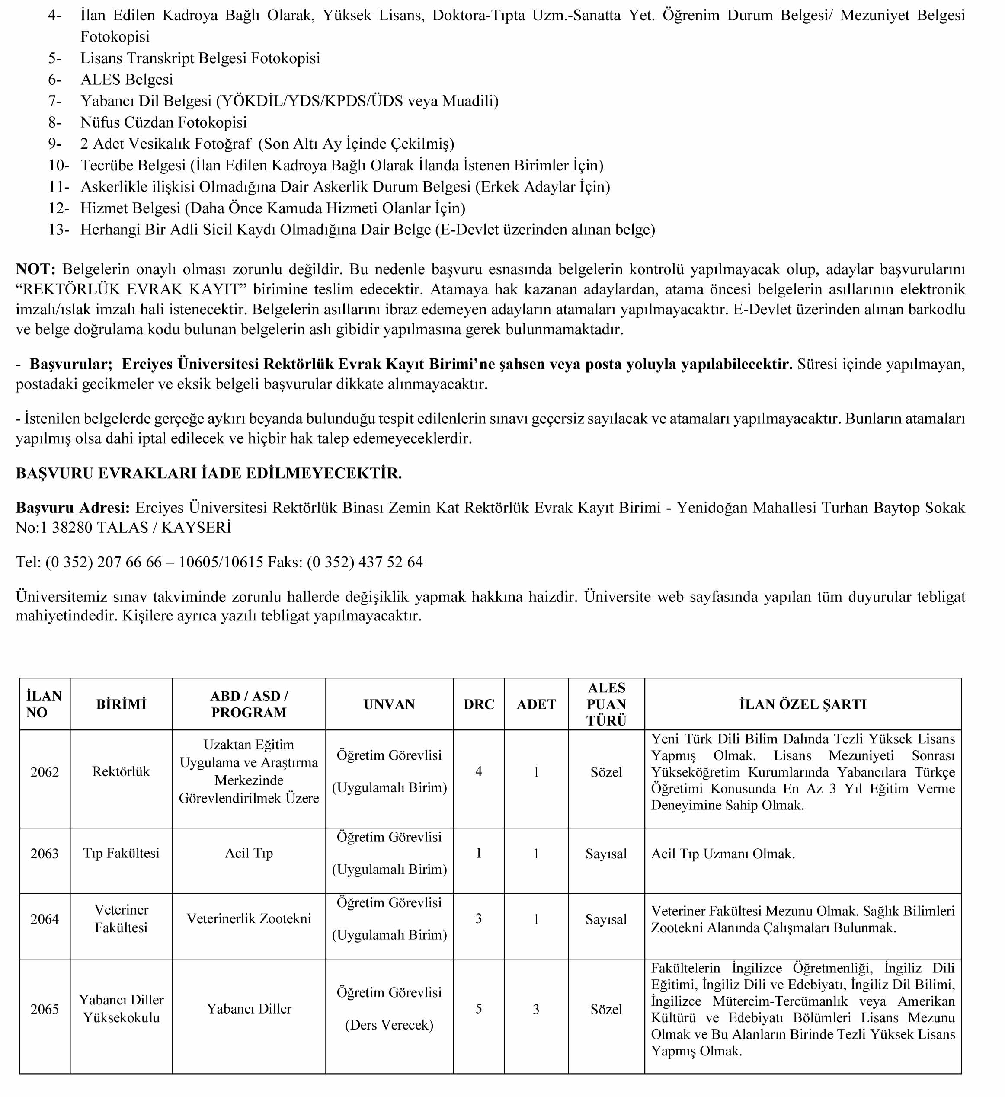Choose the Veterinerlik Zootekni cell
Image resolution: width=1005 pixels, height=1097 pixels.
tap(249, 918)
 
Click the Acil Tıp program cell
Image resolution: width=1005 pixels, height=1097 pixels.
tap(249, 853)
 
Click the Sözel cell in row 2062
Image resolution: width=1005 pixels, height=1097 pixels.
tap(606, 772)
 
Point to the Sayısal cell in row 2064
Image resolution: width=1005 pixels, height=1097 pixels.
tap(606, 919)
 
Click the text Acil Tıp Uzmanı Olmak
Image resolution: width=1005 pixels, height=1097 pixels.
tap(723, 854)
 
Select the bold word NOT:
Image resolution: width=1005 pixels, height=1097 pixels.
tap(36, 269)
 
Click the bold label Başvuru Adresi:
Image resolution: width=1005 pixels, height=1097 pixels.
tap(72, 508)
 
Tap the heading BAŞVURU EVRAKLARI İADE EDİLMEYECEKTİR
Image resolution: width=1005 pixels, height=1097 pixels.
tap(208, 473)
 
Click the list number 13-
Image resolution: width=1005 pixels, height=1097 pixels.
tap(59, 230)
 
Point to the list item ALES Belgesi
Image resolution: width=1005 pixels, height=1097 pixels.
tap(127, 80)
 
